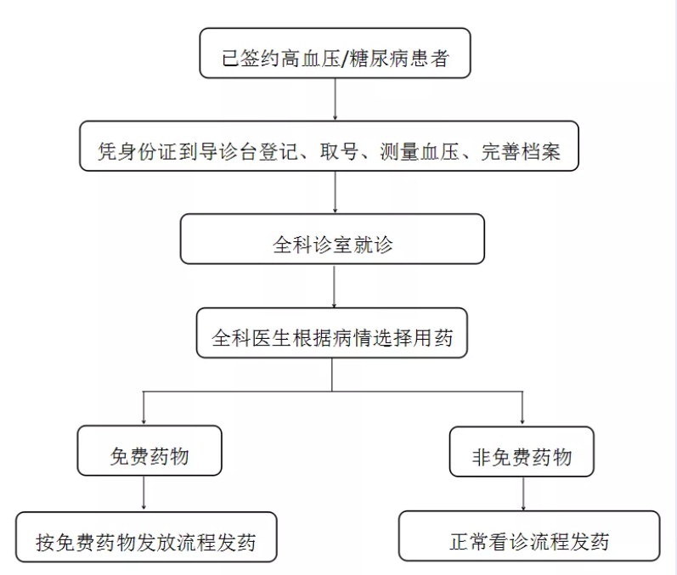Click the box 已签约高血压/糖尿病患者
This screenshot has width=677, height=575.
(x=335, y=54)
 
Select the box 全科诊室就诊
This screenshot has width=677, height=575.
(x=332, y=239)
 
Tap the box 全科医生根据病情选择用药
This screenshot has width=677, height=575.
(x=331, y=333)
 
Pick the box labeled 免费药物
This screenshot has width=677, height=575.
(x=150, y=450)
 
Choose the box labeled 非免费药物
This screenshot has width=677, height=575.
(x=522, y=452)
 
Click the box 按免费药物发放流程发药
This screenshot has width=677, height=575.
(x=146, y=537)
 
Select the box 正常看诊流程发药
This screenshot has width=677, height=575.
(x=529, y=536)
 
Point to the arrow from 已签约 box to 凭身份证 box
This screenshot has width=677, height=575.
(x=335, y=99)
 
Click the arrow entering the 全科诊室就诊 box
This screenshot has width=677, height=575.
(x=335, y=192)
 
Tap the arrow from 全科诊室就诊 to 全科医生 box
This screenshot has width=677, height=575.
(x=334, y=285)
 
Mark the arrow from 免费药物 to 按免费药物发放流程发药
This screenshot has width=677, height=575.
(x=144, y=493)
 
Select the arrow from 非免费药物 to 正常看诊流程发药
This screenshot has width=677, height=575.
(x=523, y=493)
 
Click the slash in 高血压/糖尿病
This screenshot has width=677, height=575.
(x=344, y=59)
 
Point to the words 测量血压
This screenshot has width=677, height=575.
(x=420, y=151)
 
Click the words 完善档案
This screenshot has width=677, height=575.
(x=521, y=151)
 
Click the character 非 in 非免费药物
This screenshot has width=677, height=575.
(x=481, y=457)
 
